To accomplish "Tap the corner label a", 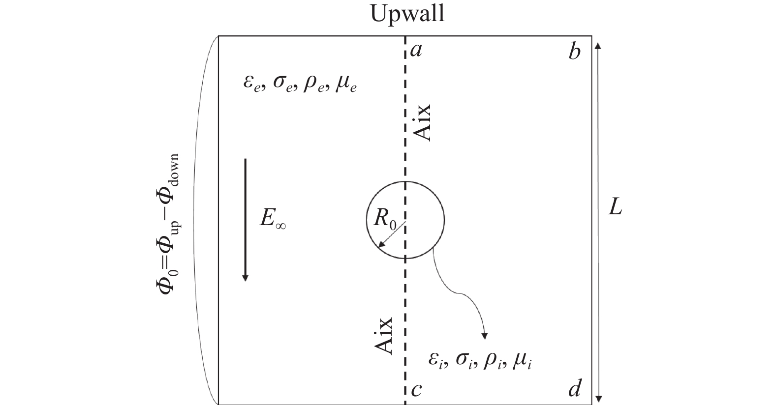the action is [x=416, y=51].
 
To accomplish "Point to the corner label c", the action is [x=416, y=390].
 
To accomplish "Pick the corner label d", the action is [x=575, y=388].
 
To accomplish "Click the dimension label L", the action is [x=615, y=208].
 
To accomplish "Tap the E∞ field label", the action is [x=273, y=219].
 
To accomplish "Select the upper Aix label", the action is [x=422, y=123].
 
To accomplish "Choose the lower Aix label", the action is [x=384, y=336].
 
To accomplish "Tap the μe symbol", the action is [x=345, y=85].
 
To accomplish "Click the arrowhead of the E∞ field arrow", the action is [x=246, y=278].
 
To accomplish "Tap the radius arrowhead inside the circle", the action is [x=381, y=245].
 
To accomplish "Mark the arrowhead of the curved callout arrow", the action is [x=485, y=336].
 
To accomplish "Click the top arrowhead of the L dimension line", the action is [x=598, y=46].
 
